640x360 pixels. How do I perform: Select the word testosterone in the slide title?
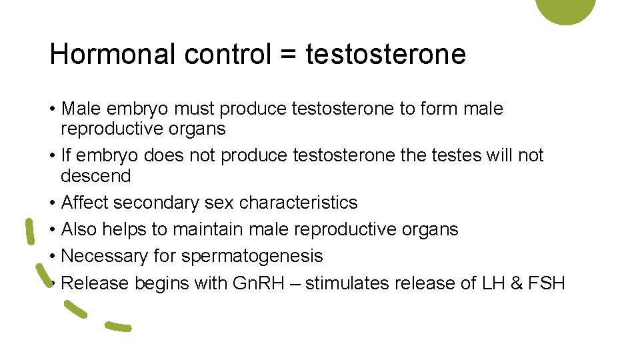[x=385, y=54]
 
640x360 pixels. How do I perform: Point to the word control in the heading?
[x=226, y=54]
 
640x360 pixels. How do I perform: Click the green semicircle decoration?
[x=565, y=9]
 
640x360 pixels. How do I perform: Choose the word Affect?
[x=85, y=203]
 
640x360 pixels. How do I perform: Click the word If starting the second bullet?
[x=66, y=155]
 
